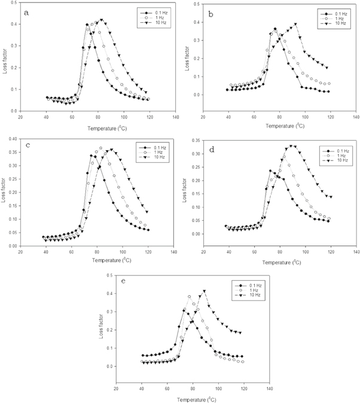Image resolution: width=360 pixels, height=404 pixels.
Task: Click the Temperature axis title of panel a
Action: click(x=97, y=127)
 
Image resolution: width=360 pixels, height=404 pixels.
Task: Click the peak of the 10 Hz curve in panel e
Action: click(x=205, y=291)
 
